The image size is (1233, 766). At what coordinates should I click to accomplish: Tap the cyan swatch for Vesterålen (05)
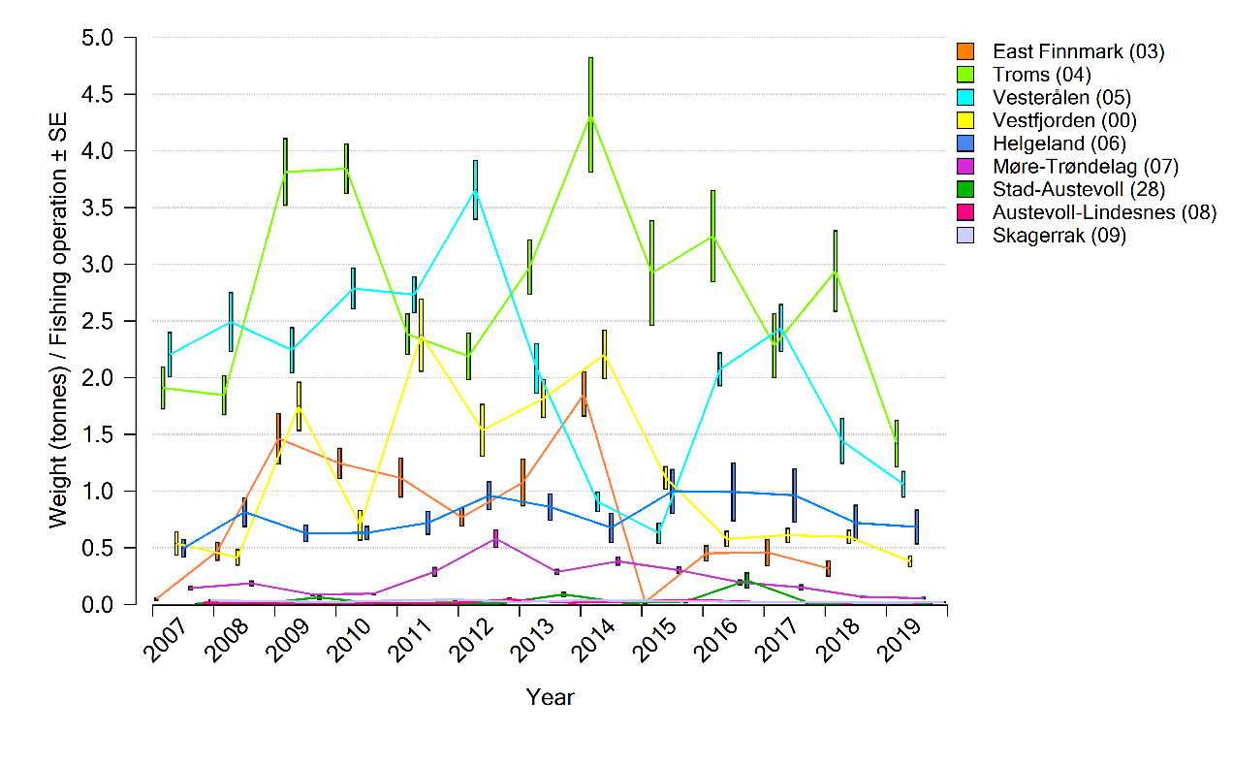coord(965,97)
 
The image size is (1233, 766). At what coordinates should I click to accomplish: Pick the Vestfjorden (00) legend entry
coord(1064,120)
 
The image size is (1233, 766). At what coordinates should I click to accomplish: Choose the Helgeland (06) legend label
coord(1058,144)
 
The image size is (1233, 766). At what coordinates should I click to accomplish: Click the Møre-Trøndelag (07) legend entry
coord(1085,167)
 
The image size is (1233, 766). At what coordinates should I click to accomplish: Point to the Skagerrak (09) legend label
coord(1059,236)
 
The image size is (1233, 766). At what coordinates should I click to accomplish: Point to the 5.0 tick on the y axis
coord(97,38)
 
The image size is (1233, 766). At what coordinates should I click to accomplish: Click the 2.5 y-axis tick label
coord(97,321)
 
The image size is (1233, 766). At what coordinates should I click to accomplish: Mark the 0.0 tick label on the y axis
coord(97,604)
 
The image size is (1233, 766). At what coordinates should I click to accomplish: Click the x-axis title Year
coord(550,697)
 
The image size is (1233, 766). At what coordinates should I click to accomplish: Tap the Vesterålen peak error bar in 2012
coord(475,190)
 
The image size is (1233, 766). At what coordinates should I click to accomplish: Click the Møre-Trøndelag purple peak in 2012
coord(495,538)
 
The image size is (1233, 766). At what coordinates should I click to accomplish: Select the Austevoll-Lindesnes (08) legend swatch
coord(965,212)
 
